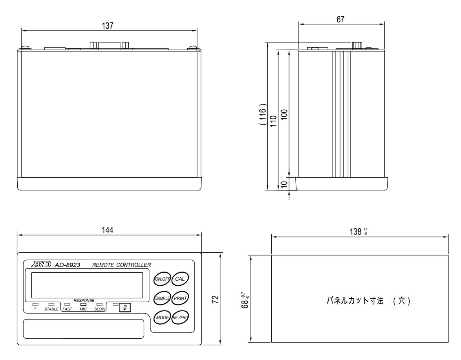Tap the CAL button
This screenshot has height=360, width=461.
click(x=181, y=279)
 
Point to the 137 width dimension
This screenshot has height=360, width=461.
click(x=108, y=26)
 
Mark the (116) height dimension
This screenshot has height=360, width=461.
click(x=263, y=114)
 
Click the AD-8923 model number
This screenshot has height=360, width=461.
click(x=68, y=265)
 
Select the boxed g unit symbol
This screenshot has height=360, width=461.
click(x=124, y=307)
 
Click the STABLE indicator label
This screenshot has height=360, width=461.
click(x=51, y=309)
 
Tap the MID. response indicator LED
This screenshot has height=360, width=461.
click(x=83, y=304)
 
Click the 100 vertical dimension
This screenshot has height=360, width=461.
click(x=285, y=114)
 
